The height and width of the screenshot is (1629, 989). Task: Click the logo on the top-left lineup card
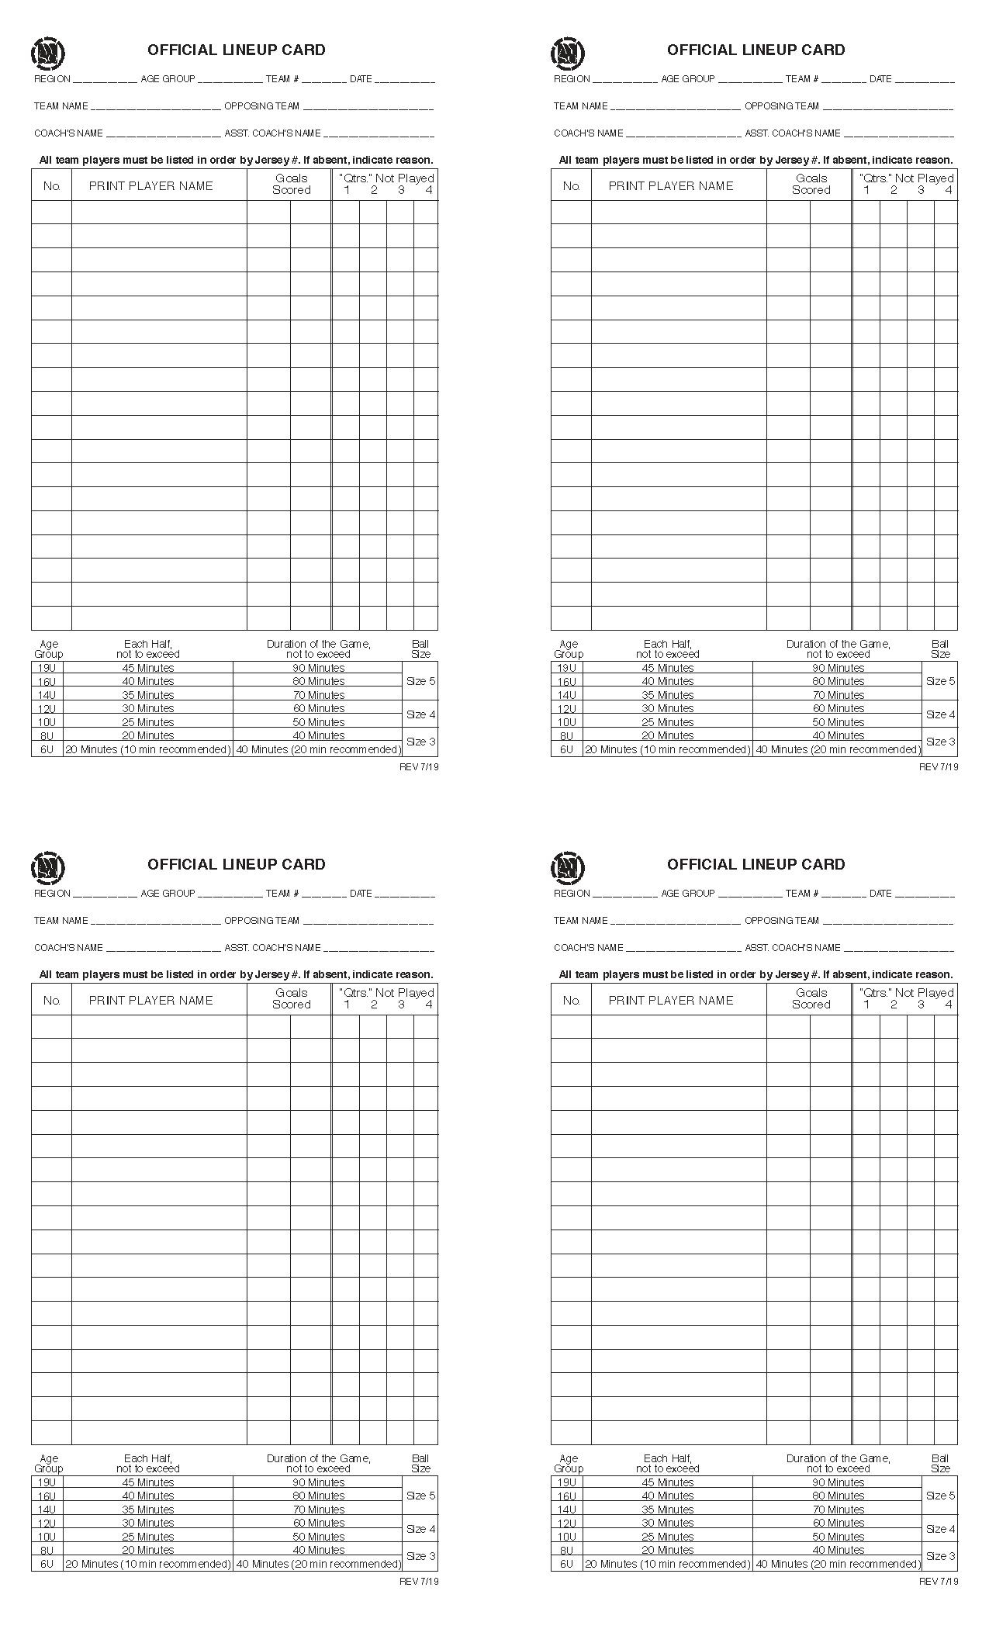47,53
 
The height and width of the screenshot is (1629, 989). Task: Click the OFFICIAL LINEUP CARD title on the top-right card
756,50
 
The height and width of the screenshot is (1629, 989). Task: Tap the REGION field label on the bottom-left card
52,894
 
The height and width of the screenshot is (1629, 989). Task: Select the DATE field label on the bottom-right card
880,894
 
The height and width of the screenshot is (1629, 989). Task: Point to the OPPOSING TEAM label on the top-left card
261,106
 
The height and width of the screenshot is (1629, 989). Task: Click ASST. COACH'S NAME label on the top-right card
793,133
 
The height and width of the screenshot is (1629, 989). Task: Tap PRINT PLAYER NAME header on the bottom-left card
150,1001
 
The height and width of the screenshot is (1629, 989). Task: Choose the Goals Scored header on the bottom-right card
811,998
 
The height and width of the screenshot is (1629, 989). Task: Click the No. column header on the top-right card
571,186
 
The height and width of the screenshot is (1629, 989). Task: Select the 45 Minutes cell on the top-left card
148,668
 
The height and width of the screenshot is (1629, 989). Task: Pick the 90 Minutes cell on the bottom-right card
838,1482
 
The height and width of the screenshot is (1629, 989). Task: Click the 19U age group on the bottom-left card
47,1482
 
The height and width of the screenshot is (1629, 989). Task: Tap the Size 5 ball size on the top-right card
940,681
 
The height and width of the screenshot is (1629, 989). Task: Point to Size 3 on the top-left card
420,742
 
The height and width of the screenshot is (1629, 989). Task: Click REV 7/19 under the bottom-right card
939,1582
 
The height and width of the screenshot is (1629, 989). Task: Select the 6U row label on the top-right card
567,749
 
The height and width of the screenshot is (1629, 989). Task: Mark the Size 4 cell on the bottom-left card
420,1529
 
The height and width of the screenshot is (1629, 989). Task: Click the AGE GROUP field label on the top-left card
168,79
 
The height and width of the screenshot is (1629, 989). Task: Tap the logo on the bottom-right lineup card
567,867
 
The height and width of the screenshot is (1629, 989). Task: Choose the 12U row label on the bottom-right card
567,1523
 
